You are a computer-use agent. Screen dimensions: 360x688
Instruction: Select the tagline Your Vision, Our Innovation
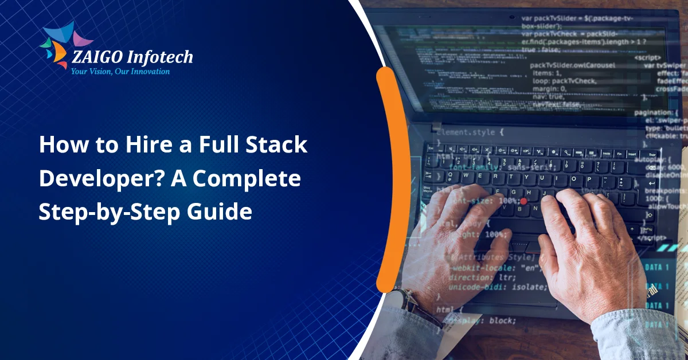120,72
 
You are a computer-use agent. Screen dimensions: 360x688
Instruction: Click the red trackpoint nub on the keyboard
523,201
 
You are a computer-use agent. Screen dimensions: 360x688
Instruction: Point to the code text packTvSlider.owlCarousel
573,65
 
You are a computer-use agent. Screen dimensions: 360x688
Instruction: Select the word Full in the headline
222,146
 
